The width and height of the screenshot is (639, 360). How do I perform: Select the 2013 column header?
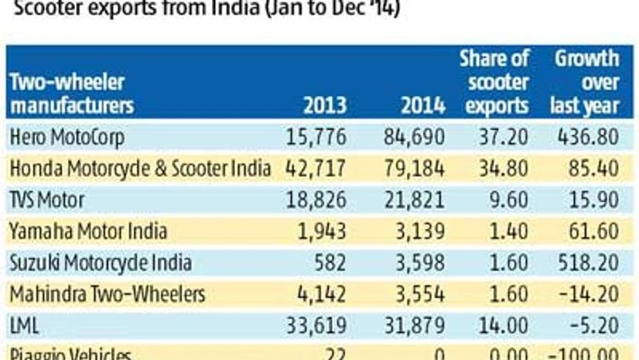tap(325, 105)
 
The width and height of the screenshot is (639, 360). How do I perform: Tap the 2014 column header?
tap(423, 105)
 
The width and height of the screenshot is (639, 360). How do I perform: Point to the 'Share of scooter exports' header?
tap(494, 81)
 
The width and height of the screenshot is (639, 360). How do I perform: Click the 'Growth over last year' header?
tap(586, 81)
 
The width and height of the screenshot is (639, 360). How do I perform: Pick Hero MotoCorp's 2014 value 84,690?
tap(415, 137)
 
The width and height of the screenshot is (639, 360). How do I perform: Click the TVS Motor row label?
tap(47, 200)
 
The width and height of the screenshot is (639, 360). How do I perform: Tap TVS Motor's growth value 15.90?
tap(593, 200)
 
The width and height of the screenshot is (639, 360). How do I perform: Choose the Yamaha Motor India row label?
tap(87, 231)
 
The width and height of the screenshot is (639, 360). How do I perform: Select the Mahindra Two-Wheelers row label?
tap(107, 293)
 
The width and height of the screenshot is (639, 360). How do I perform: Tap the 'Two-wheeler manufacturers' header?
tap(71, 94)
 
